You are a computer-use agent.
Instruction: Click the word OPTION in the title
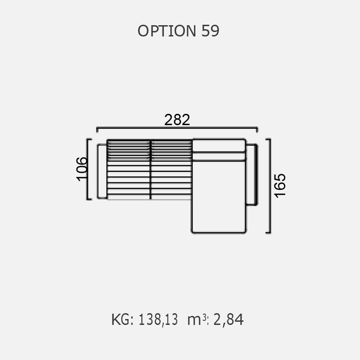click(x=167, y=31)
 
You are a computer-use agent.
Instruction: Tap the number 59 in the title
click(x=210, y=31)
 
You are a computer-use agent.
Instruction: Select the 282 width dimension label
click(x=177, y=120)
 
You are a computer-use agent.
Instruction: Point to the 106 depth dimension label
click(x=82, y=169)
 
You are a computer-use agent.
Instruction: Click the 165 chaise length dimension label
click(x=280, y=186)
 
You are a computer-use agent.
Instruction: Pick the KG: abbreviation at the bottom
click(x=122, y=319)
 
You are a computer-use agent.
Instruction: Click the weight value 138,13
click(x=158, y=320)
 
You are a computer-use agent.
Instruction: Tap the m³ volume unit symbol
click(x=197, y=319)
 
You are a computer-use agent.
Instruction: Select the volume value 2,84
click(x=229, y=320)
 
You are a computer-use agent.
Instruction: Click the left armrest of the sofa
click(x=102, y=171)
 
